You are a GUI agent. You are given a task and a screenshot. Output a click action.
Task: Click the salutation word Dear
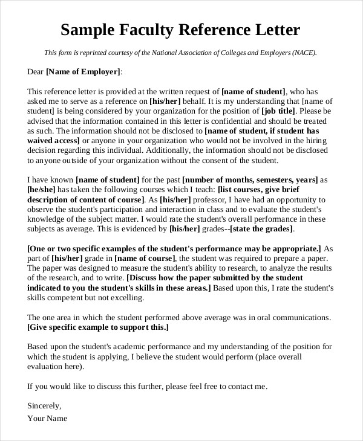[35, 72]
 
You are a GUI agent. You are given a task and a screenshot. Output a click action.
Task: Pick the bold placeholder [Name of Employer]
[83, 72]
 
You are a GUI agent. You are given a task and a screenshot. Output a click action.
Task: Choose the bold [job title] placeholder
[280, 111]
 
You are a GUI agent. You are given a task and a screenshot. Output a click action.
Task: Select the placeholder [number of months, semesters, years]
[250, 180]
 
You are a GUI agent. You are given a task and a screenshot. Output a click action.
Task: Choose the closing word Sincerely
[44, 405]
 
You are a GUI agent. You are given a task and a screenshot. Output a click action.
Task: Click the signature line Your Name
[47, 418]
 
